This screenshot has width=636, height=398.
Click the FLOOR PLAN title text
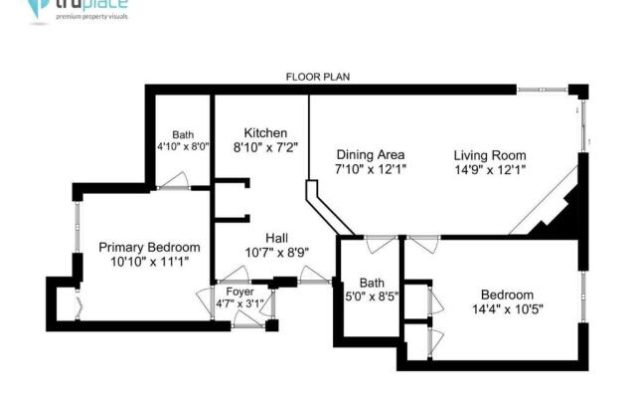pos(317,77)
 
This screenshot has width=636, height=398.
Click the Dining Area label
pos(370,155)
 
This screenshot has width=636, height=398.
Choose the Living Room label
pos(490,155)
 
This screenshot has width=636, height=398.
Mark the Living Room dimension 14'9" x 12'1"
pos(490,170)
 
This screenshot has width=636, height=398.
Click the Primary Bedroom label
pos(149,248)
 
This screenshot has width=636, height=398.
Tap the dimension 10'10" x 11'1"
pos(149,262)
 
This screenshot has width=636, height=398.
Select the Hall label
pos(276,237)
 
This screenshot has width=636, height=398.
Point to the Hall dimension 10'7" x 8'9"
pos(276,252)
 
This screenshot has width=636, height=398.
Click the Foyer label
pos(239,292)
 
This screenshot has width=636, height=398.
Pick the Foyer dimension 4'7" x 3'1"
pos(239,303)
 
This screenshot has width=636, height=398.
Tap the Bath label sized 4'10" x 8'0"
pos(182,135)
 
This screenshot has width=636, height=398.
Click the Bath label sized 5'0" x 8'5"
pos(371,282)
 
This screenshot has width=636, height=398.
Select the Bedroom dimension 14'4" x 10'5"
pos(507,309)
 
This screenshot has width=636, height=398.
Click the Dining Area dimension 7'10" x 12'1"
pos(370,170)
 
